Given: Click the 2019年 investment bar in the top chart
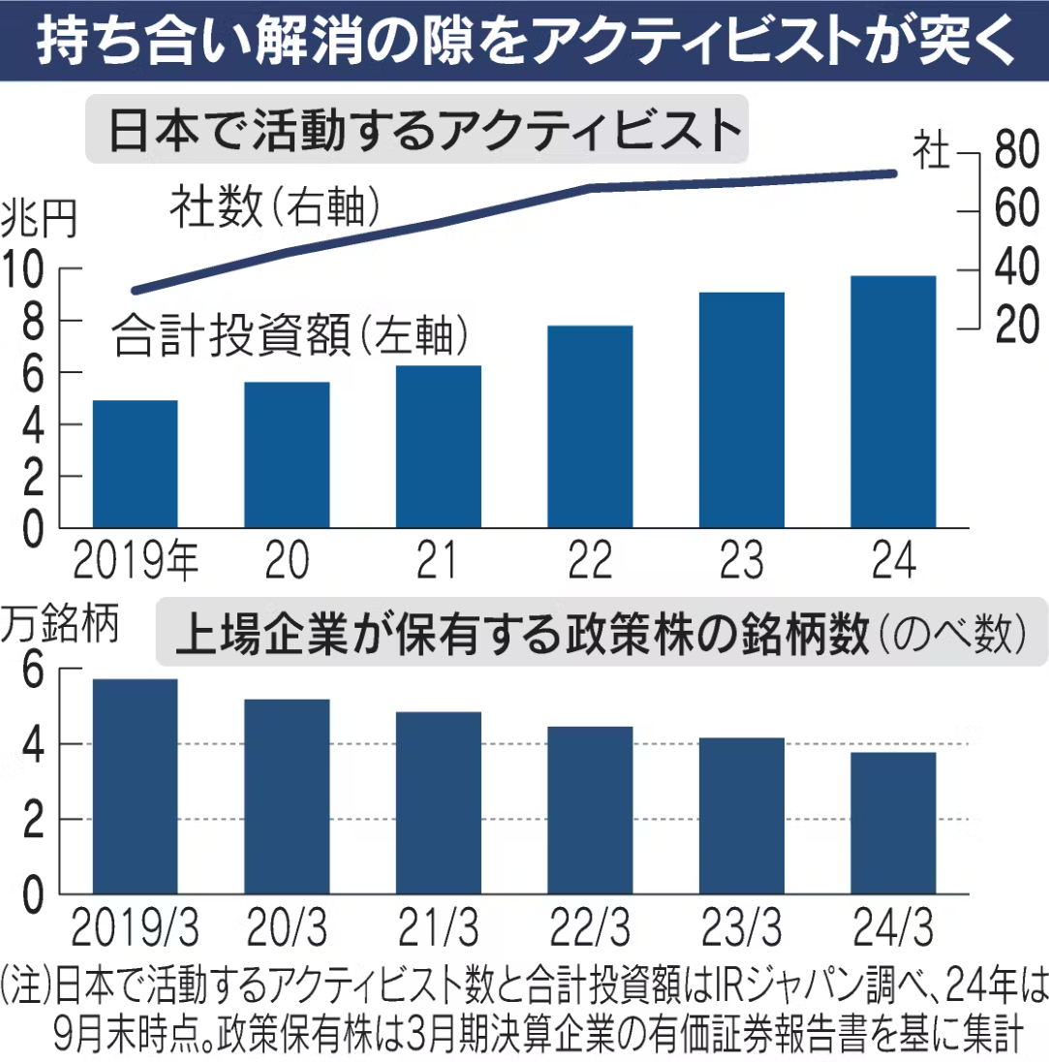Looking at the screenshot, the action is [x=135, y=464].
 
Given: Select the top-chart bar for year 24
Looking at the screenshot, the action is [x=893, y=401].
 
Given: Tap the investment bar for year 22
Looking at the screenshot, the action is [x=590, y=426].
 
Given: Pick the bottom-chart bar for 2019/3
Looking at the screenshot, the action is [x=135, y=787].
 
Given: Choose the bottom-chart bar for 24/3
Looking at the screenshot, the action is [x=893, y=823].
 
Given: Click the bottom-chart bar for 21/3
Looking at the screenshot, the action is [x=438, y=802].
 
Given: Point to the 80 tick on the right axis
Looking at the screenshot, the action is [x=1016, y=149].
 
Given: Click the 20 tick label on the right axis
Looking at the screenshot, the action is [x=1016, y=326].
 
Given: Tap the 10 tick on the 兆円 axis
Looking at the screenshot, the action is [x=22, y=268].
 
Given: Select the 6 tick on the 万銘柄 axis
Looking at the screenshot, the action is [x=33, y=670].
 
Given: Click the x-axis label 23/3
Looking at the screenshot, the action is [x=742, y=927].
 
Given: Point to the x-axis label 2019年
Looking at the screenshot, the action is [x=135, y=560].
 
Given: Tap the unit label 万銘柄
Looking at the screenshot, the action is [x=60, y=622].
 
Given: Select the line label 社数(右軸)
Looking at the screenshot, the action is [x=275, y=206].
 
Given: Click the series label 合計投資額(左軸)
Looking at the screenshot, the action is [x=291, y=335].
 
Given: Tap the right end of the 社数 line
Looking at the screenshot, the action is [x=894, y=174].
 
